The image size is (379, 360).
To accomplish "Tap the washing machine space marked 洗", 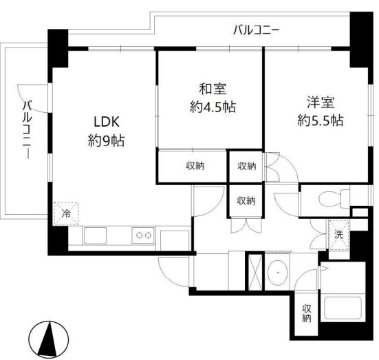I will click(x=338, y=232).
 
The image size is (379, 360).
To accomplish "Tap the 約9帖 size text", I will click(x=107, y=142).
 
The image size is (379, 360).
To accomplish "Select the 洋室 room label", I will click(x=320, y=103).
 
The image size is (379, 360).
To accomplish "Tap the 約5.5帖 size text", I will click(x=320, y=120).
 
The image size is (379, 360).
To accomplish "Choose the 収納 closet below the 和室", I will click(x=193, y=166).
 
